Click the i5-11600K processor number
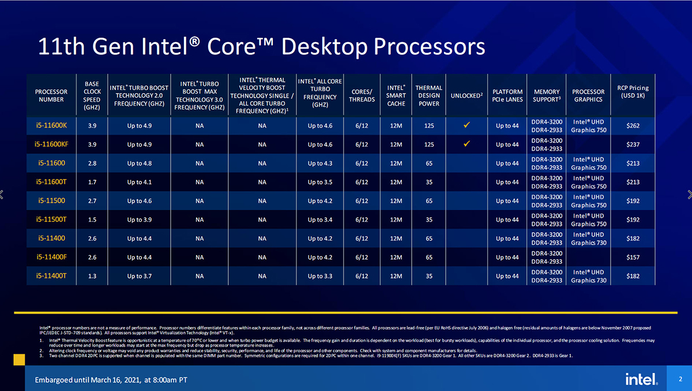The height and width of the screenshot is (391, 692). click(x=51, y=125)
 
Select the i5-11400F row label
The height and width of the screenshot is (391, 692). click(x=51, y=257)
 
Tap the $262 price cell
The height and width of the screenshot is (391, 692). click(x=633, y=125)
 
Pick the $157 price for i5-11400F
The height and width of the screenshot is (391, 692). click(x=633, y=257)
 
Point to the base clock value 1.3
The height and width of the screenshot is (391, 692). click(x=92, y=276)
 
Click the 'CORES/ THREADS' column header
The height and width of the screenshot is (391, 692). click(x=362, y=95)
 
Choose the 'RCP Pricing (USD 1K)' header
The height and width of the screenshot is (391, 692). click(x=633, y=91)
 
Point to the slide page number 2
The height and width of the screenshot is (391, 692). click(x=680, y=379)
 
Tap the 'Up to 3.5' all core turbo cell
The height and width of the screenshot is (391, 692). click(x=319, y=182)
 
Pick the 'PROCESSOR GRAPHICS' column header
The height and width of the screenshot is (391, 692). click(x=588, y=95)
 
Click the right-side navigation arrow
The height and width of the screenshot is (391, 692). click(x=689, y=195)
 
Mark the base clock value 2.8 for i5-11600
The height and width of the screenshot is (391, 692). click(x=92, y=163)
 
